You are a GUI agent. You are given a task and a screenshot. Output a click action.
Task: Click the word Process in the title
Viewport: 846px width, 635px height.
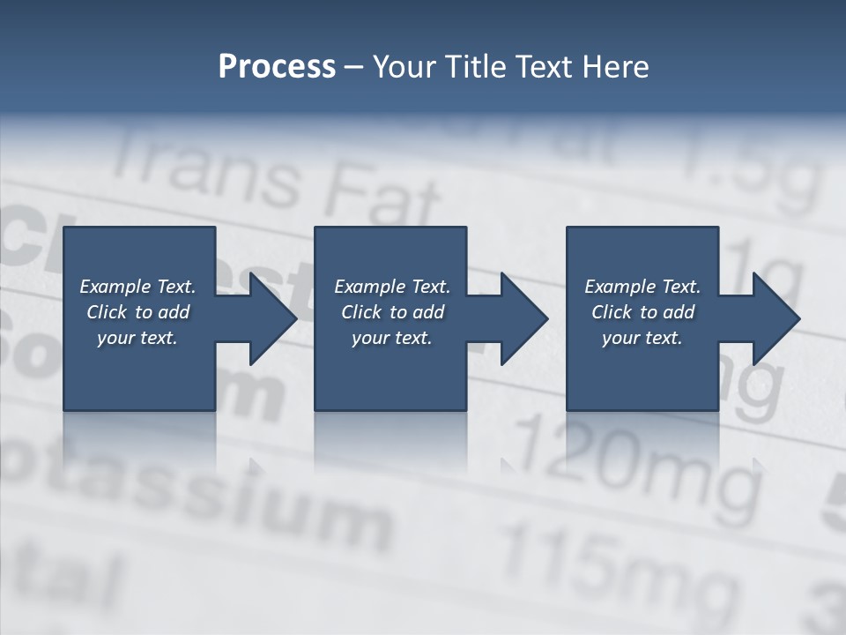tap(277, 67)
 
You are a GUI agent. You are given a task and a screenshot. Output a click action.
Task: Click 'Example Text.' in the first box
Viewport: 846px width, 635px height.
tap(137, 287)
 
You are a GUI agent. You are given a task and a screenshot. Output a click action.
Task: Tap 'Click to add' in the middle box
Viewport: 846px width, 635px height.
tap(392, 312)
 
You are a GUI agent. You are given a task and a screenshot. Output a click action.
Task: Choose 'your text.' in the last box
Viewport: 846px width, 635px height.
tap(642, 338)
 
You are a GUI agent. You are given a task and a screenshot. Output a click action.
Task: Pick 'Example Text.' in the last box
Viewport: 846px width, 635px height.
tap(642, 287)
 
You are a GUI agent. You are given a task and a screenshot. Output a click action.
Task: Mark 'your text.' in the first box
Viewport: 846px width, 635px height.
tap(137, 338)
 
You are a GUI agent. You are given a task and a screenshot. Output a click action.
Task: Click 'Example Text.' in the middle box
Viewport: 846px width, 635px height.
tap(392, 287)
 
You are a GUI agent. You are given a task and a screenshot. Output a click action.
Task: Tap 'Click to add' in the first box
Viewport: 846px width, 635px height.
tap(137, 312)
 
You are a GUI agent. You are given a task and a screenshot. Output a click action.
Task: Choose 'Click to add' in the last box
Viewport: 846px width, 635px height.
tap(642, 312)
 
